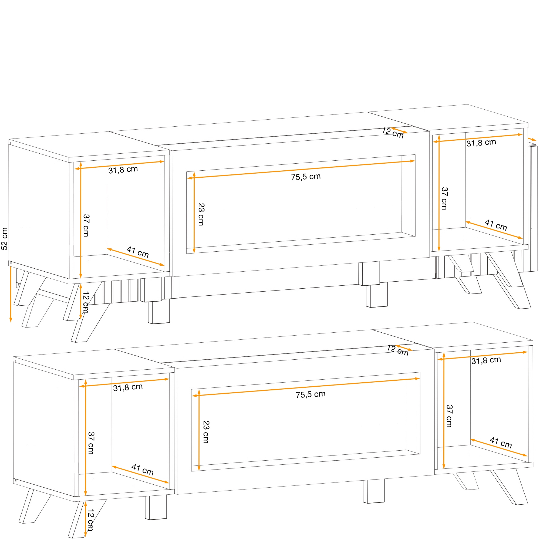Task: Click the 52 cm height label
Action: pos(5,239)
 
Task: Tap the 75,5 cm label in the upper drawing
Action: pos(306,177)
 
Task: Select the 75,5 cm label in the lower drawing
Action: pos(311,394)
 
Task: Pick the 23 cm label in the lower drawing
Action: pos(206,432)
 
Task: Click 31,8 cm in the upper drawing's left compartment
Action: pos(123,170)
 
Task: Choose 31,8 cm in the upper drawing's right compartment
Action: pos(481,143)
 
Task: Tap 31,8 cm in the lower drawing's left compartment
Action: pos(128,387)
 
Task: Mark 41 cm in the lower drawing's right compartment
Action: pos(501,443)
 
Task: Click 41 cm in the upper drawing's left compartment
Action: pos(137,252)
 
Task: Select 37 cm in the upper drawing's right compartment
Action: pos(445,198)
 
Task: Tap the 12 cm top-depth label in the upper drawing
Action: pos(393,133)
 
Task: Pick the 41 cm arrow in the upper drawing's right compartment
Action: pos(494,230)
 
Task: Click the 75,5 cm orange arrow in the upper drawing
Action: pos(301,169)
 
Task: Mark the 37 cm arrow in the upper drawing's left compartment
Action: pos(81,220)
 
